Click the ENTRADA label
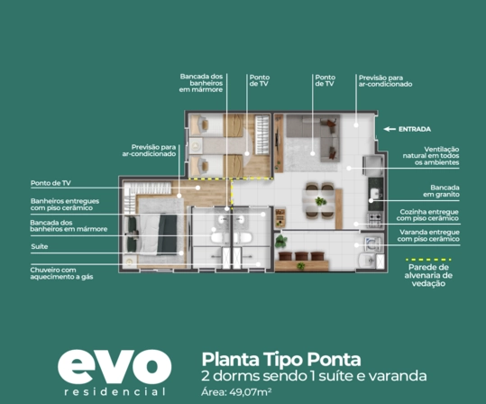coord(415,129)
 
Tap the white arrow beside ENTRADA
coord(390,129)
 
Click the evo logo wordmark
coord(115,367)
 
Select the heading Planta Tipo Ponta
coord(281,360)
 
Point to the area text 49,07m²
coord(251,392)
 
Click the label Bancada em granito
coord(442,191)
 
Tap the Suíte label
coord(40,246)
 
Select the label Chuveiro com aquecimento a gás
coord(61,273)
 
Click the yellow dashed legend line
coord(428,259)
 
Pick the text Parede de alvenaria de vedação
coord(428,275)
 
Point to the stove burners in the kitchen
coord(375,220)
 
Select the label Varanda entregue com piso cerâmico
coord(429,235)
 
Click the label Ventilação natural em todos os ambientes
coord(431,156)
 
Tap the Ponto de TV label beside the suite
coord(50,183)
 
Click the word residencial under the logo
coord(115,391)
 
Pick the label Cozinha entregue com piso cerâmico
coord(427,216)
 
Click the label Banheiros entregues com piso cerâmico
coord(65,205)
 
